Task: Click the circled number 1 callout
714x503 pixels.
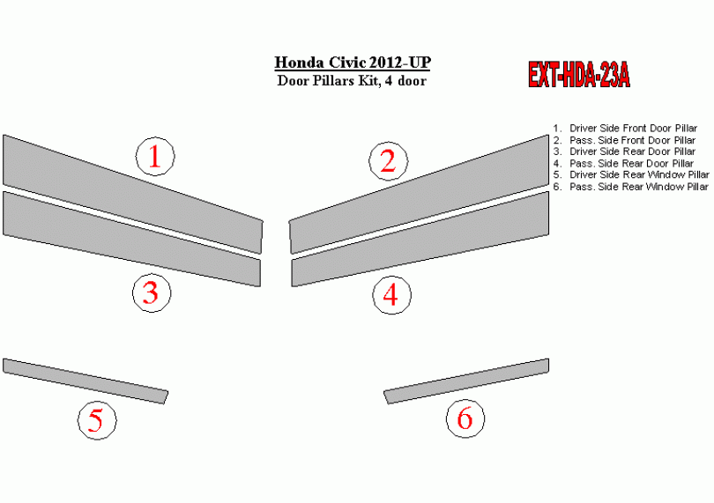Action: point(155,156)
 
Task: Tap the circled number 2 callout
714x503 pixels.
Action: point(389,161)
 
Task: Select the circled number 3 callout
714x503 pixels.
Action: point(152,292)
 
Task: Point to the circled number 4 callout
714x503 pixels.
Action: point(391,295)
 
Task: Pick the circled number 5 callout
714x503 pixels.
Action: point(97,420)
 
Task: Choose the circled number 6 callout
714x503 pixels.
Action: point(465,418)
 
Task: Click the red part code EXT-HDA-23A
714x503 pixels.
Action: point(579,74)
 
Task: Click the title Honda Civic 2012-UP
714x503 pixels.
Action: point(353,63)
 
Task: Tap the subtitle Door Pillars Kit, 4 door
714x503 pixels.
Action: point(352,81)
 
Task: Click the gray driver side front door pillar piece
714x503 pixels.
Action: point(132,194)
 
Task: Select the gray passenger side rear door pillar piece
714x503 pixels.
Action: point(420,240)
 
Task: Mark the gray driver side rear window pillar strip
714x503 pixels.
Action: point(86,381)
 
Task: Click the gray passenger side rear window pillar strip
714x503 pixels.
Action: point(466,381)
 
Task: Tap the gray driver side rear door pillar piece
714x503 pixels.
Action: point(132,240)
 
